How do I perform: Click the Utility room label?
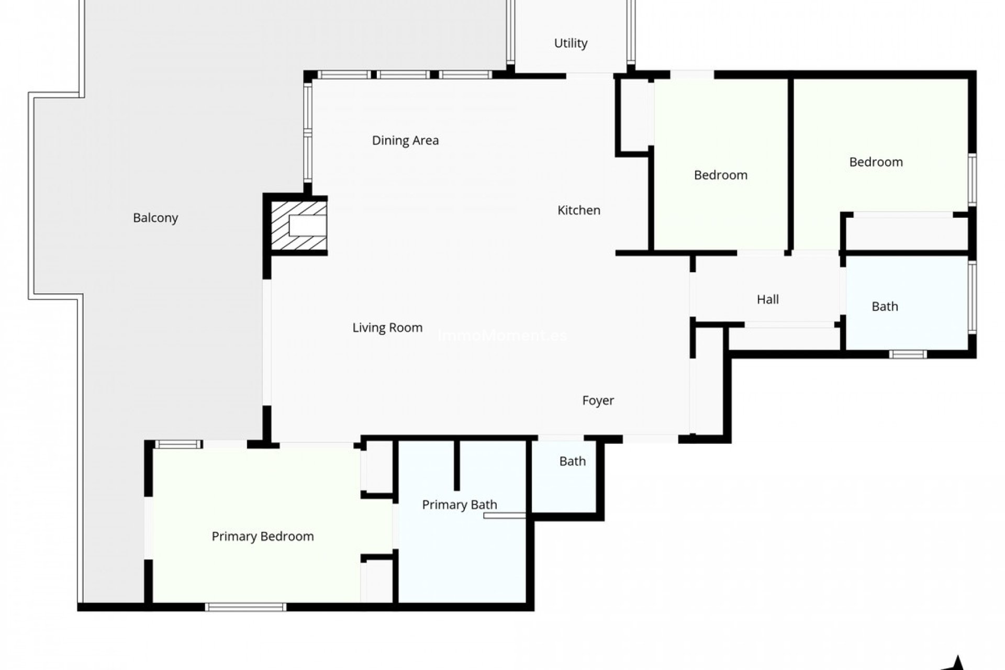[571, 43]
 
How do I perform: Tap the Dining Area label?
[405, 140]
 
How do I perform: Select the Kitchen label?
[578, 210]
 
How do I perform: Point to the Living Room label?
[387, 328]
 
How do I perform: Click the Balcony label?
[155, 218]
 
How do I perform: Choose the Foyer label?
[598, 400]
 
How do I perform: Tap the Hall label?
[767, 299]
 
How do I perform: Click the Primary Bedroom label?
[263, 537]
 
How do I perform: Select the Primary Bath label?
[459, 505]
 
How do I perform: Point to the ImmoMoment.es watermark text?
[502, 336]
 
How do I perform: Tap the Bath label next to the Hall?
[885, 307]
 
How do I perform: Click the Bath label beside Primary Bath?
[572, 461]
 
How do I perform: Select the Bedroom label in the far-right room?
[876, 162]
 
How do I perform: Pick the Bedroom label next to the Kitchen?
[720, 175]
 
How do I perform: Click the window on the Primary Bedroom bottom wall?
[245, 607]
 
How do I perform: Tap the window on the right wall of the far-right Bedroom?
[972, 180]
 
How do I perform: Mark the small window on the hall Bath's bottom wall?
[908, 354]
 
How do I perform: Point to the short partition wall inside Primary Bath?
[456, 465]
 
